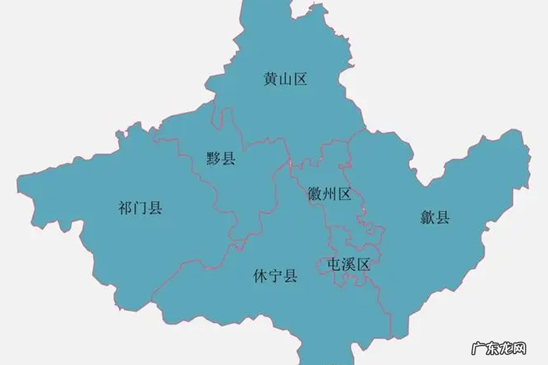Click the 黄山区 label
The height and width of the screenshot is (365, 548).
(285, 79)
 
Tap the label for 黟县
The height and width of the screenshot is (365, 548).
(221, 158)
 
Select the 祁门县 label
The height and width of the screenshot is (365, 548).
(140, 208)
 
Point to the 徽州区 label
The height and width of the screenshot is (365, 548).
(329, 194)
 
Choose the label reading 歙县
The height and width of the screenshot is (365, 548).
(435, 217)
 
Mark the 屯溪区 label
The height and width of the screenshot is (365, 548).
(348, 265)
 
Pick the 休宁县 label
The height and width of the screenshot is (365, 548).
(275, 277)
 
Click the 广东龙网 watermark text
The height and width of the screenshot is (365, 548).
(498, 348)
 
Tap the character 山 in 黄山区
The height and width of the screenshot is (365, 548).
(285, 79)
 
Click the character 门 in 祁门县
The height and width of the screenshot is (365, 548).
(140, 208)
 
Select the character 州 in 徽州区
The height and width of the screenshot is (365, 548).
(329, 194)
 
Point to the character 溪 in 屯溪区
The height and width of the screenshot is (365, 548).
(348, 265)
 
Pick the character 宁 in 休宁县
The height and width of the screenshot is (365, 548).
(275, 277)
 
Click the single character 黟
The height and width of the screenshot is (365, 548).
(214, 158)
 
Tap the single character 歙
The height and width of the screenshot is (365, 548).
(428, 217)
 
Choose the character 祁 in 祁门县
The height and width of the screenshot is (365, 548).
(126, 208)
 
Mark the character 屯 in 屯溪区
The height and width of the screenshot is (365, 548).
(333, 265)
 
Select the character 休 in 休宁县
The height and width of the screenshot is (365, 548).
(260, 277)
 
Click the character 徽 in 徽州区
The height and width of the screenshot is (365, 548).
(315, 194)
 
